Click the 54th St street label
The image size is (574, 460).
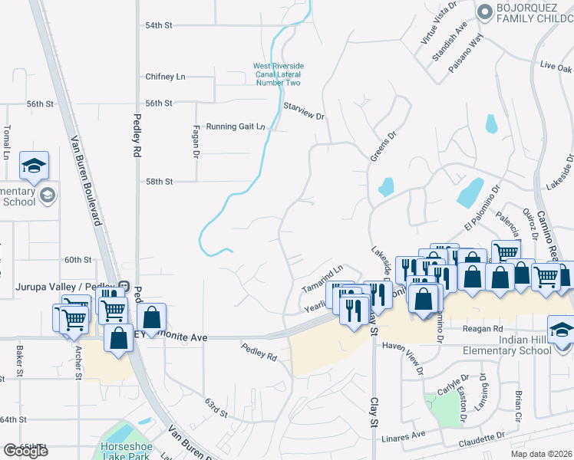click(x=160, y=25)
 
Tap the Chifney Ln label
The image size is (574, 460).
click(x=165, y=77)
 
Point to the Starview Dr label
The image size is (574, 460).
click(x=304, y=111)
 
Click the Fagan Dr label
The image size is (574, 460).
click(x=196, y=142)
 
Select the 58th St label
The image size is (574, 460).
click(x=160, y=182)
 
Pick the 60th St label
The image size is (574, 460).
click(x=78, y=260)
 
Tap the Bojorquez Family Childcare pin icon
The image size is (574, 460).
click(x=483, y=12)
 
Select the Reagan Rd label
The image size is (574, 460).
click(x=482, y=328)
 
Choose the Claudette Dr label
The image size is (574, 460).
click(x=482, y=439)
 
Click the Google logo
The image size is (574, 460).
click(x=25, y=451)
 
